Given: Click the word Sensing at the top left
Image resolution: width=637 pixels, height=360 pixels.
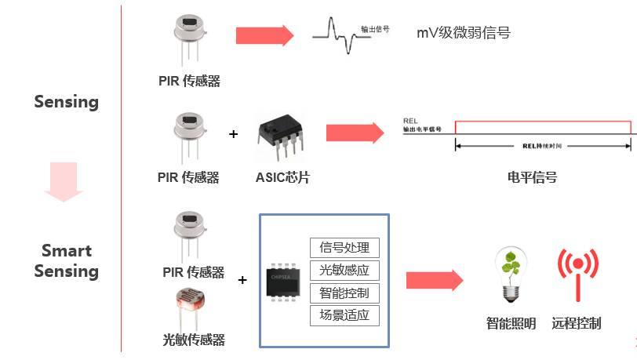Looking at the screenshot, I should (66, 102).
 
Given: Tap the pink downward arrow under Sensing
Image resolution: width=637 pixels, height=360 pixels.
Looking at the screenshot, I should (64, 181).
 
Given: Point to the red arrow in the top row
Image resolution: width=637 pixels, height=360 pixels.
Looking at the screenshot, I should (264, 35).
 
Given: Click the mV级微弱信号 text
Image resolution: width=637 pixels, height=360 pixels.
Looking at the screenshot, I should (463, 33).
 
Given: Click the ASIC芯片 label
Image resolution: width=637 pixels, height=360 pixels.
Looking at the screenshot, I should (282, 177).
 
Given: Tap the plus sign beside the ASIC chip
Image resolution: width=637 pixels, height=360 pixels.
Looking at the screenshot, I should (233, 134).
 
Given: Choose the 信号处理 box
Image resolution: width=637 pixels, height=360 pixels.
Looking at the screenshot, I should (344, 248).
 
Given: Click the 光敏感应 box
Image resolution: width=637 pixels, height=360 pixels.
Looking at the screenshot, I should (344, 271).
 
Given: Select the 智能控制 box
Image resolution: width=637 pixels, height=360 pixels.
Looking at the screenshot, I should (344, 293).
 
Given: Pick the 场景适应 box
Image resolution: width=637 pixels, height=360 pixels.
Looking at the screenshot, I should (344, 316).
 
